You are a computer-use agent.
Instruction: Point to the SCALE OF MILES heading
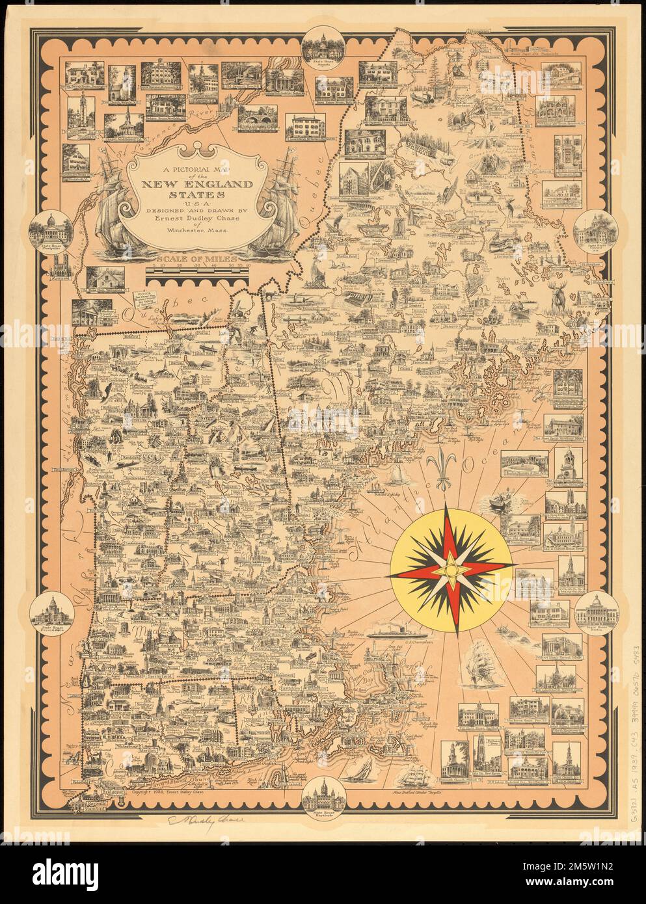198,256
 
